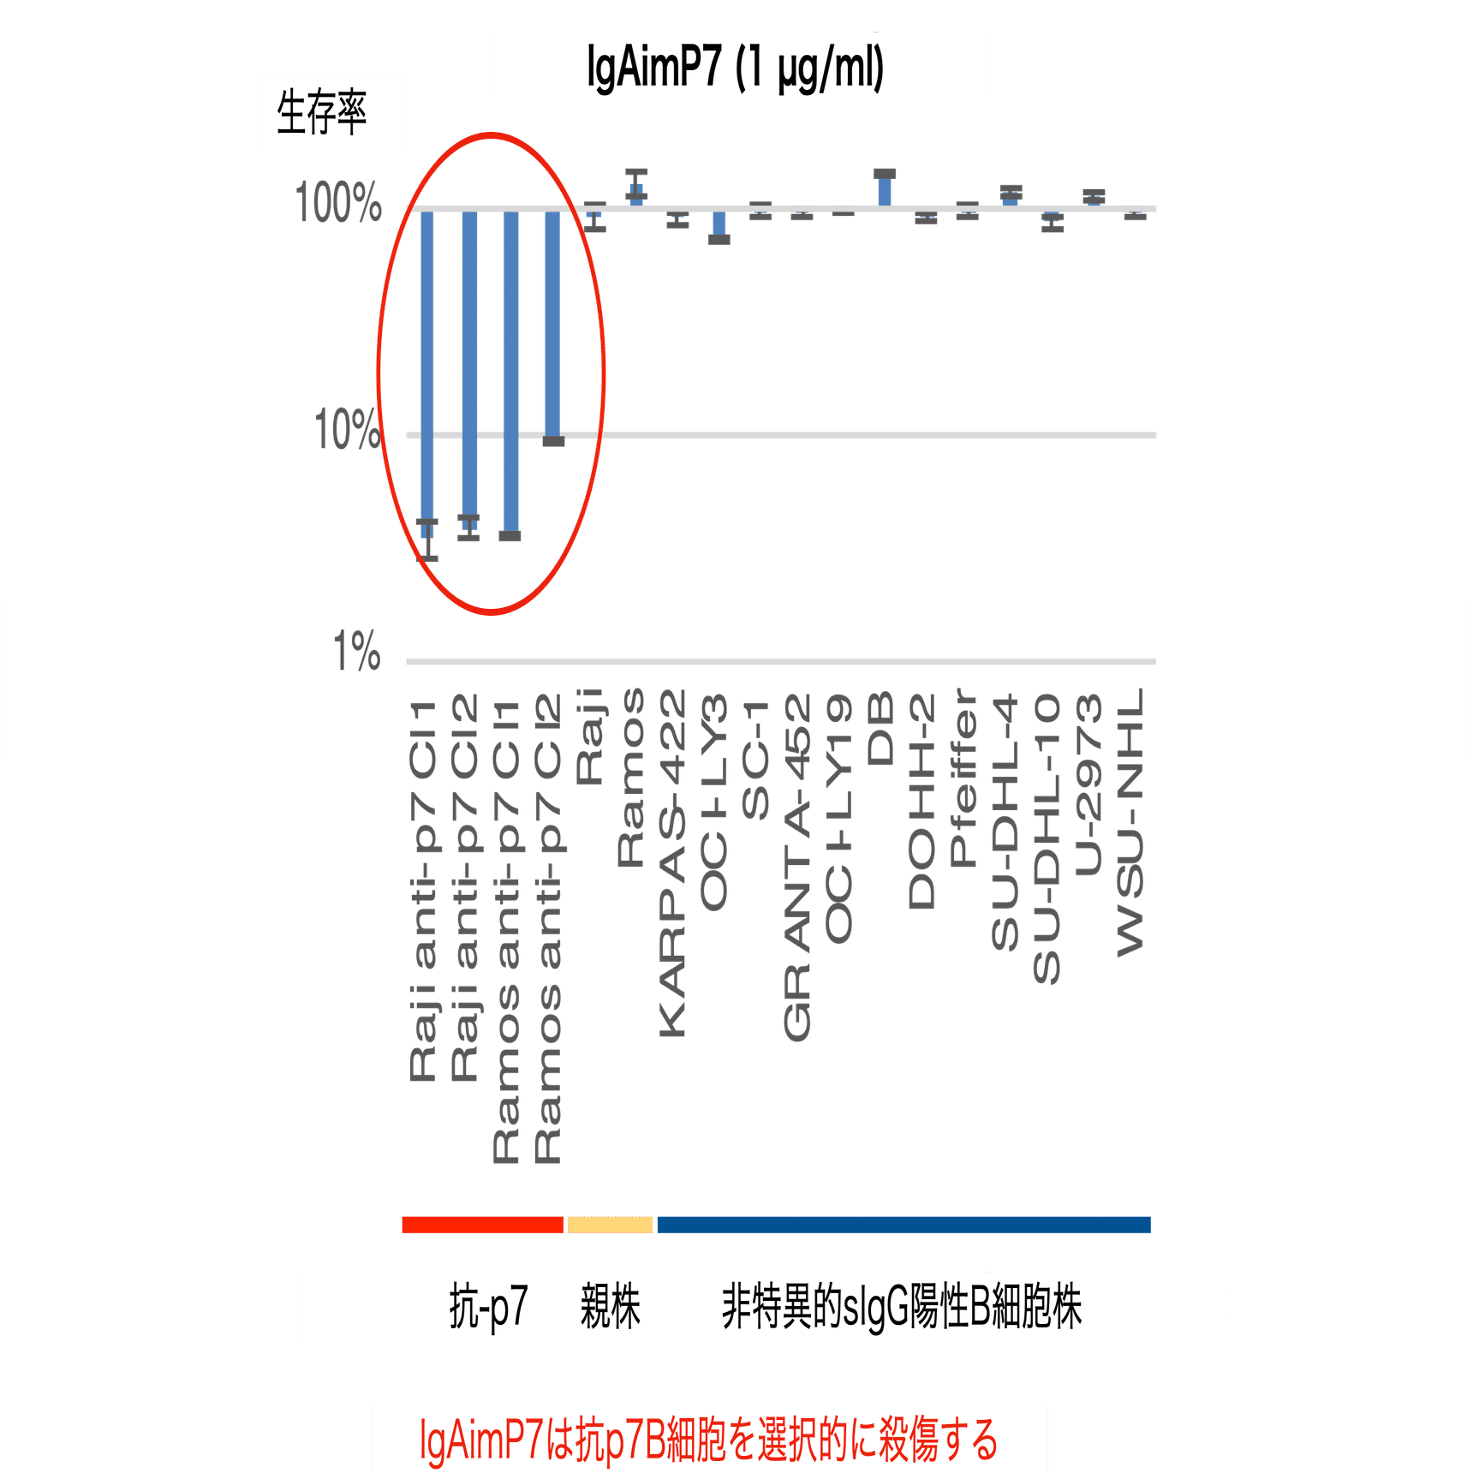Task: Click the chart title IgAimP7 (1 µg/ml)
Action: click(735, 67)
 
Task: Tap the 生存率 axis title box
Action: click(323, 113)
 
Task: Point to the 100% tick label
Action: click(338, 204)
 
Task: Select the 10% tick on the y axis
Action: click(346, 429)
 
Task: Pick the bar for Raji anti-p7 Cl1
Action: click(426, 368)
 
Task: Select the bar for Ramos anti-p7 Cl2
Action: click(552, 325)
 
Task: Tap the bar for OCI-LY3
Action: click(719, 224)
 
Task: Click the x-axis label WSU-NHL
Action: click(1130, 822)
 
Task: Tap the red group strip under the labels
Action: click(482, 1225)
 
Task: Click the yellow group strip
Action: click(610, 1225)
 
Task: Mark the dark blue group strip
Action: click(903, 1225)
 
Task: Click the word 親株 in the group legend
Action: click(610, 1307)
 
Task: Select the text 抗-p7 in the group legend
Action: click(488, 1307)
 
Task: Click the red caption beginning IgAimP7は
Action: click(709, 1439)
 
